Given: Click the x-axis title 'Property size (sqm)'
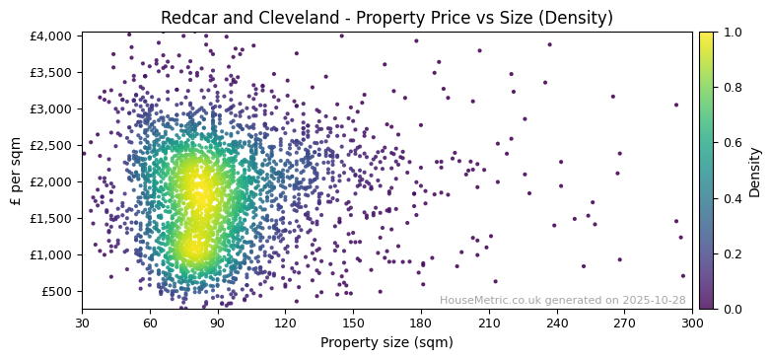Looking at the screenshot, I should click(386, 343).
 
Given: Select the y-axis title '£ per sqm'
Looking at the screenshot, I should click(16, 171).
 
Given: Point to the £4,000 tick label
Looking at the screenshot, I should click(50, 36).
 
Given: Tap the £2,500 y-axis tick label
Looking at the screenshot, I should click(50, 145).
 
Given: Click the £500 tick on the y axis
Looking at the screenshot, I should click(55, 291).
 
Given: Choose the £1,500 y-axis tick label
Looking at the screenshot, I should click(50, 218).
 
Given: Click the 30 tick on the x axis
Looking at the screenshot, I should click(82, 323).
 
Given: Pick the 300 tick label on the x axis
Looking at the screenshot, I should click(692, 323).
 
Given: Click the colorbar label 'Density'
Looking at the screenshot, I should click(755, 171).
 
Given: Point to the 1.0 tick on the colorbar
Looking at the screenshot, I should click(732, 33).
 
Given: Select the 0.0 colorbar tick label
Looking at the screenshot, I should click(732, 309).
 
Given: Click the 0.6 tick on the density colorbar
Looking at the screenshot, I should click(732, 143).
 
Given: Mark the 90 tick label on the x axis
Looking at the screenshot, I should click(218, 323).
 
